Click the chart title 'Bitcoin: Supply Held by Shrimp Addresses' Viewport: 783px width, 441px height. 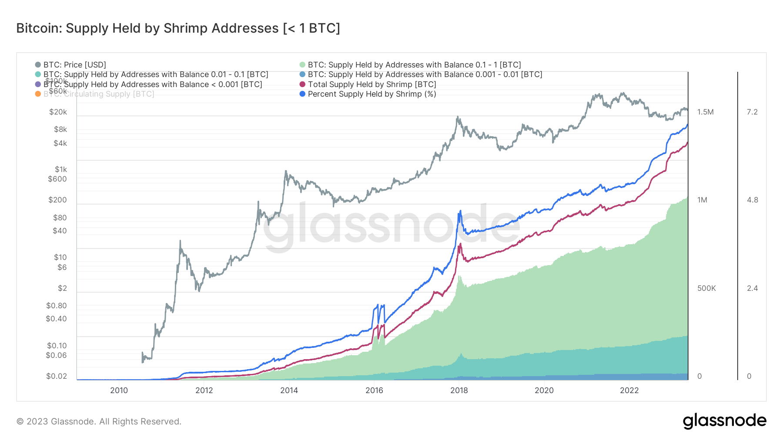178,28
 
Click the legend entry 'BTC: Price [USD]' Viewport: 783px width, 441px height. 74,65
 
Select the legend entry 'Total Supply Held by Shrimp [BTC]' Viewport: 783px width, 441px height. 371,84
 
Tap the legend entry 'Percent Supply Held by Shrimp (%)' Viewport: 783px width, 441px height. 371,94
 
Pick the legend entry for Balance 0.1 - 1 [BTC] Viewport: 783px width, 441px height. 414,65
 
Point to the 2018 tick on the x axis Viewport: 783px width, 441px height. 459,390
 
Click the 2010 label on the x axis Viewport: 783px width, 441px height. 119,390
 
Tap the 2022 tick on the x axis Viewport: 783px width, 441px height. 629,390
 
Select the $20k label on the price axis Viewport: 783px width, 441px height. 58,112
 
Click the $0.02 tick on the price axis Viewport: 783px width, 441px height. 57,376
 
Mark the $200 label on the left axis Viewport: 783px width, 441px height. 57,200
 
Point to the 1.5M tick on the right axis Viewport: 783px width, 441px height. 705,112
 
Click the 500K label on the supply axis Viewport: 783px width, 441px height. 706,288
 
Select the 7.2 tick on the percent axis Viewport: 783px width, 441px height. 752,112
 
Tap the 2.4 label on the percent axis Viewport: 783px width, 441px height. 752,288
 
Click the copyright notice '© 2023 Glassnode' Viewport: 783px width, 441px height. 99,421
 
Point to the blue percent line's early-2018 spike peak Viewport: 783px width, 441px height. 460,211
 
